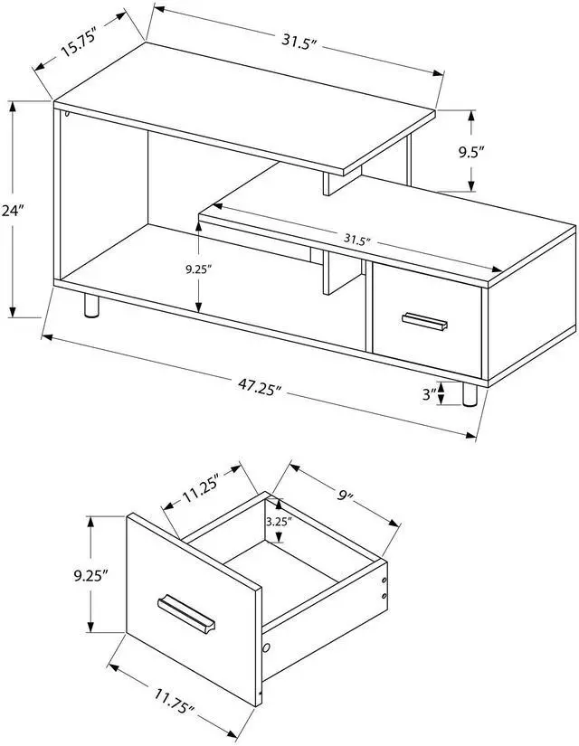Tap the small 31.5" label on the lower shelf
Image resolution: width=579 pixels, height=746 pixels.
358,240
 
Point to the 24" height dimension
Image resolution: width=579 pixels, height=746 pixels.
12,211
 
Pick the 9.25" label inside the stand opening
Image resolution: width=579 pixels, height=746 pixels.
196,268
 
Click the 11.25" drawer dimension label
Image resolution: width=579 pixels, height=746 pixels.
202,492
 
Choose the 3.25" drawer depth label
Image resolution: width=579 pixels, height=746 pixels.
278,522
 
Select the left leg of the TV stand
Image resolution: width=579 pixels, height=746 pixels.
90,307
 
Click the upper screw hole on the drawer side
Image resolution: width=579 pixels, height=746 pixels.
386,579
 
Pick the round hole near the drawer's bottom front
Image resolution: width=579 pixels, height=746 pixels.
267,649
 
